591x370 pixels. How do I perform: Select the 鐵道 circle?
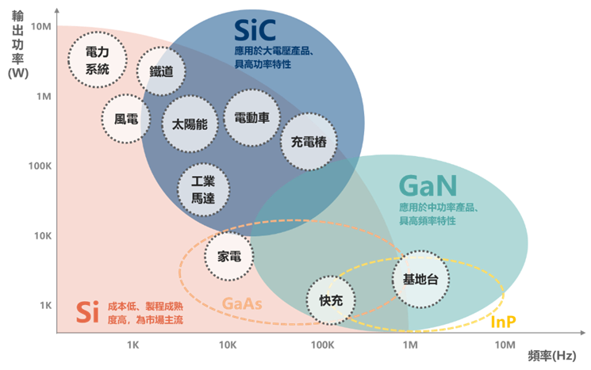161,71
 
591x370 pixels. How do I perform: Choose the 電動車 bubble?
251,117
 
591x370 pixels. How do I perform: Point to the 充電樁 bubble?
309,142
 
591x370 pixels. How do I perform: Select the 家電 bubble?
229,256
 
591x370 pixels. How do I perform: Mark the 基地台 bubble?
420,279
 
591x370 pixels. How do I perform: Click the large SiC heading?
255,31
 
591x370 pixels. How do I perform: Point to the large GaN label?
428,187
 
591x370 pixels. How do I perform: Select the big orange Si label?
86,310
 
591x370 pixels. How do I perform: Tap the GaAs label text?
243,304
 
